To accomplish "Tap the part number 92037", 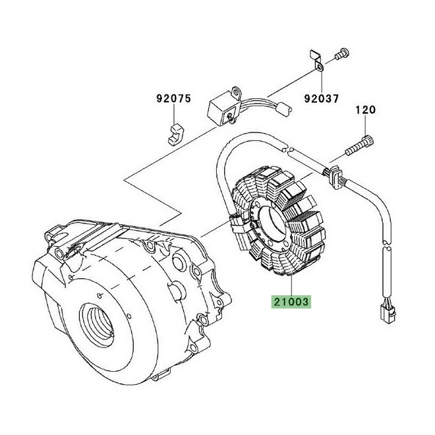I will (x=321, y=99).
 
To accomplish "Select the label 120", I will (x=366, y=109).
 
